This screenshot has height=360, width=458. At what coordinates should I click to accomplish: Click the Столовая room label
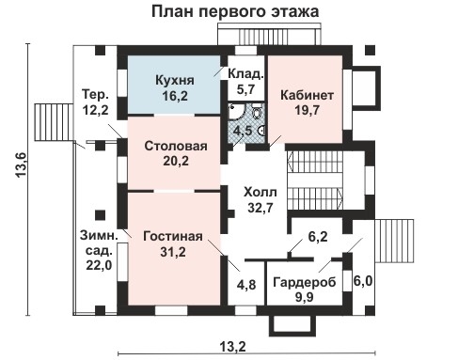[x=176, y=148]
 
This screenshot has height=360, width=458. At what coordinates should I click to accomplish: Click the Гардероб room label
[x=302, y=282]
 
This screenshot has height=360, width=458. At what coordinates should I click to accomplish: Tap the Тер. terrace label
[x=96, y=96]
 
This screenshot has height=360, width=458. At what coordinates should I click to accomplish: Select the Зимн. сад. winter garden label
[x=95, y=243]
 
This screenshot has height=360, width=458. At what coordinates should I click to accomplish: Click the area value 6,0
[x=362, y=280]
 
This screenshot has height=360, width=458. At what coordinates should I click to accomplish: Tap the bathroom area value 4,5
[x=243, y=130]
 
